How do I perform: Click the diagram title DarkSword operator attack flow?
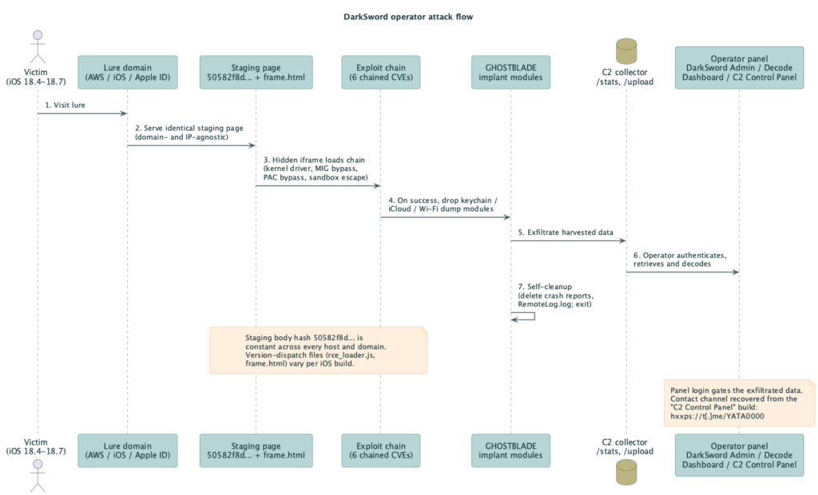pyautogui.click(x=408, y=17)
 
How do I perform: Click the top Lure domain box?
pyautogui.click(x=128, y=73)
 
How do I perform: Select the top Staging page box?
pyautogui.click(x=256, y=73)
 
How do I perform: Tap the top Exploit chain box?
pyautogui.click(x=381, y=73)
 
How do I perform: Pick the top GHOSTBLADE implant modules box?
pyautogui.click(x=510, y=73)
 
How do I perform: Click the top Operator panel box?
pyautogui.click(x=739, y=68)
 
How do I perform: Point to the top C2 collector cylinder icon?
pyautogui.click(x=626, y=51)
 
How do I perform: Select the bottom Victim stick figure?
pyautogui.click(x=38, y=475)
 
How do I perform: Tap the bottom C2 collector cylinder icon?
pyautogui.click(x=626, y=473)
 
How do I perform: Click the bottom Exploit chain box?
pyautogui.click(x=381, y=450)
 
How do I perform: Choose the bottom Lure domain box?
pyautogui.click(x=128, y=450)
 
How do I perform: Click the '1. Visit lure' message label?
pyautogui.click(x=66, y=105)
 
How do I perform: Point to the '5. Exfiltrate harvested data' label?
pyautogui.click(x=566, y=232)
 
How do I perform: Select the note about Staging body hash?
pyautogui.click(x=318, y=350)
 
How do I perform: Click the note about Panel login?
pyautogui.click(x=739, y=403)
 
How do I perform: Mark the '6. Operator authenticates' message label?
pyautogui.click(x=680, y=255)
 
